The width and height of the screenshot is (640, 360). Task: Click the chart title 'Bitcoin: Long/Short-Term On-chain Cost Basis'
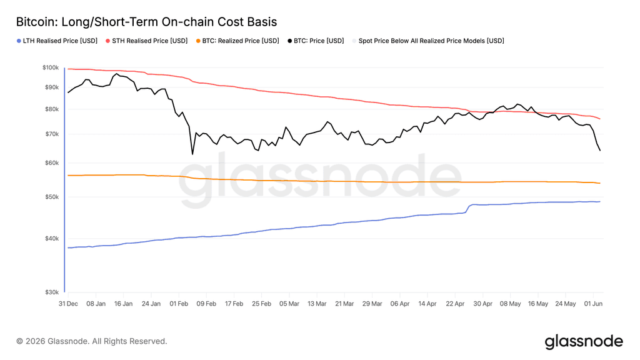pyautogui.click(x=146, y=22)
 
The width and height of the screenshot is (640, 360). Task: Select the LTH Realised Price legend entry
pyautogui.click(x=57, y=41)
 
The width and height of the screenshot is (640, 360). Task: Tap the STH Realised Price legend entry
pyautogui.click(x=146, y=41)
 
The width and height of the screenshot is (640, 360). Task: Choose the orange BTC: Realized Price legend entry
pyautogui.click(x=237, y=41)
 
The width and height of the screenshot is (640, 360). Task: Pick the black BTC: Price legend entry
pyautogui.click(x=316, y=41)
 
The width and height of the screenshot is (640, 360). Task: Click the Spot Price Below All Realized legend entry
pyautogui.click(x=428, y=41)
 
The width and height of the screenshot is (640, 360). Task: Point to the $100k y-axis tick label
pyautogui.click(x=51, y=67)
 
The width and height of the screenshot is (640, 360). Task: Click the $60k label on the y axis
pyautogui.click(x=52, y=163)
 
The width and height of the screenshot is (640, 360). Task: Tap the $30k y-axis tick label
pyautogui.click(x=52, y=292)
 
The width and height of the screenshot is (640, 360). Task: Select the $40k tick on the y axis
pyautogui.click(x=52, y=239)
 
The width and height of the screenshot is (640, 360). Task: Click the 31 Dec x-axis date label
pyautogui.click(x=68, y=304)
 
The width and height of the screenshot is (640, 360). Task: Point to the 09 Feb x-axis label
pyautogui.click(x=206, y=304)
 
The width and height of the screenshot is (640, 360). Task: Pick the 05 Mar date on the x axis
pyautogui.click(x=289, y=304)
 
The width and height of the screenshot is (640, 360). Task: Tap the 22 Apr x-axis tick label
pyautogui.click(x=455, y=304)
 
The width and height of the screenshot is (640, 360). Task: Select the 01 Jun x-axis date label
pyautogui.click(x=593, y=304)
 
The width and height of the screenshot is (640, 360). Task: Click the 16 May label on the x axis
pyautogui.click(x=538, y=304)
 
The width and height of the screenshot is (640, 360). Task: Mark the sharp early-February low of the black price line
pyautogui.click(x=192, y=154)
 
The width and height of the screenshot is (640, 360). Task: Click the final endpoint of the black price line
pyautogui.click(x=600, y=151)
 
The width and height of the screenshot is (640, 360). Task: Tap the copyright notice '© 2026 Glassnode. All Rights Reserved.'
pyautogui.click(x=92, y=341)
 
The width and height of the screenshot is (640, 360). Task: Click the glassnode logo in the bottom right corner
pyautogui.click(x=584, y=341)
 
